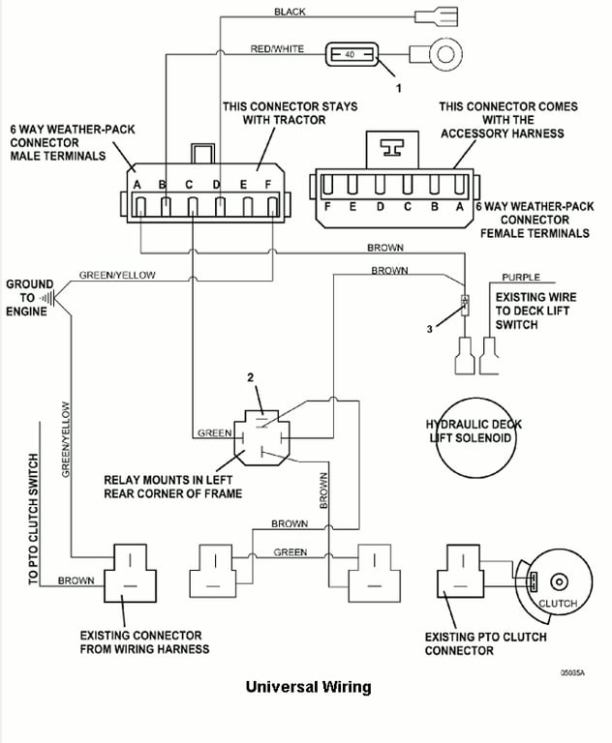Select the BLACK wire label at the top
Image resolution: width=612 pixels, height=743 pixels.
[x=290, y=12]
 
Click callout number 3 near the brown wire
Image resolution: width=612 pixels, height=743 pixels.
[x=429, y=329]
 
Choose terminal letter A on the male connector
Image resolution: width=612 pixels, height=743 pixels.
[x=138, y=184]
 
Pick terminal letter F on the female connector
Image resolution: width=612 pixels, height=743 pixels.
[x=329, y=207]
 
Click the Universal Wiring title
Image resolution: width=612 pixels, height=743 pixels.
[x=308, y=688]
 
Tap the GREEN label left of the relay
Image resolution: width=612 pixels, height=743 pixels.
[x=214, y=432]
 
